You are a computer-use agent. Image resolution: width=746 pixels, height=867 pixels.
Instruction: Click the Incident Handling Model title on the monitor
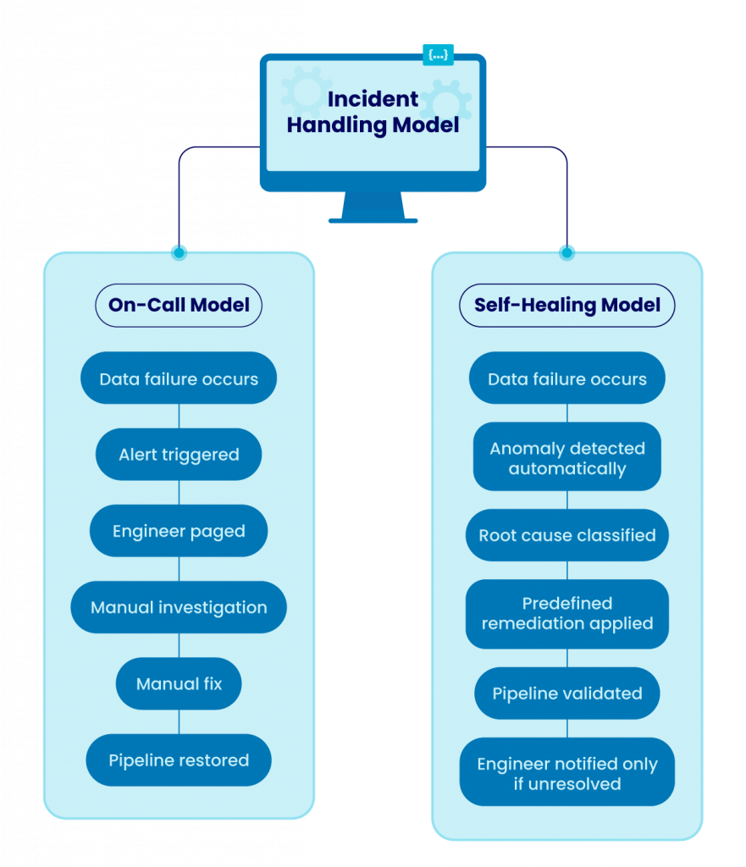pyautogui.click(x=373, y=113)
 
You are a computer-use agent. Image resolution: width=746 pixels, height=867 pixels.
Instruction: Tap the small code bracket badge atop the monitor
pyautogui.click(x=438, y=55)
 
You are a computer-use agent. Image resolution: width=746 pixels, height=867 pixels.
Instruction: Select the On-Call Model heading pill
pyautogui.click(x=179, y=305)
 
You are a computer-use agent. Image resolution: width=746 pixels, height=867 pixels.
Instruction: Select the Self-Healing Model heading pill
pyautogui.click(x=566, y=305)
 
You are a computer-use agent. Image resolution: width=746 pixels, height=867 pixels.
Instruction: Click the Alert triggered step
pyautogui.click(x=179, y=455)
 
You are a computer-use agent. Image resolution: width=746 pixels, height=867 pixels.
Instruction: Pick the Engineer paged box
pyautogui.click(x=179, y=532)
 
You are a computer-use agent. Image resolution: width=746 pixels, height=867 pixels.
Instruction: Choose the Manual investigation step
pyautogui.click(x=179, y=607)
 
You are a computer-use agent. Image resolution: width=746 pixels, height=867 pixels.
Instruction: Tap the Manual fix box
pyautogui.click(x=179, y=683)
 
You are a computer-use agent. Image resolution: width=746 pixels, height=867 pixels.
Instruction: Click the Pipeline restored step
pyautogui.click(x=179, y=760)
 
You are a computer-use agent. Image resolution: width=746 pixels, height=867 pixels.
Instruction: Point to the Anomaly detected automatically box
pyautogui.click(x=566, y=458)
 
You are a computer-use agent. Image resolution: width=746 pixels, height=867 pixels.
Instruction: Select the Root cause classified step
pyautogui.click(x=566, y=535)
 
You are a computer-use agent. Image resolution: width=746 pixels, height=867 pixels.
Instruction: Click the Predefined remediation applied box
pyautogui.click(x=566, y=613)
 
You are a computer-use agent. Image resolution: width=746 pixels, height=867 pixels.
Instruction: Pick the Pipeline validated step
pyautogui.click(x=566, y=693)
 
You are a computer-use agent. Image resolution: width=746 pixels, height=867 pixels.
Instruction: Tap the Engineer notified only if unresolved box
pyautogui.click(x=566, y=773)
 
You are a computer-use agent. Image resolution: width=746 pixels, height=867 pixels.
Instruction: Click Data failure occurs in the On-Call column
pyautogui.click(x=179, y=378)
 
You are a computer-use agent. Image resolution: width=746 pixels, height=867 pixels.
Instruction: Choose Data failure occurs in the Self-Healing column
pyautogui.click(x=566, y=378)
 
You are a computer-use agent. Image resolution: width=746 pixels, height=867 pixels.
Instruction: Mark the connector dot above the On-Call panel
pyautogui.click(x=179, y=251)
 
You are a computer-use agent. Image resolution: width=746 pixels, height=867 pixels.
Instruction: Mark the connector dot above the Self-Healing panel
pyautogui.click(x=566, y=251)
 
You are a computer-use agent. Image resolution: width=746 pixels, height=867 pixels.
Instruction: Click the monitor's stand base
pyautogui.click(x=373, y=219)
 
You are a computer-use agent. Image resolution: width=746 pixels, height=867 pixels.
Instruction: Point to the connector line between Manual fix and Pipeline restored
pyautogui.click(x=179, y=721)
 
